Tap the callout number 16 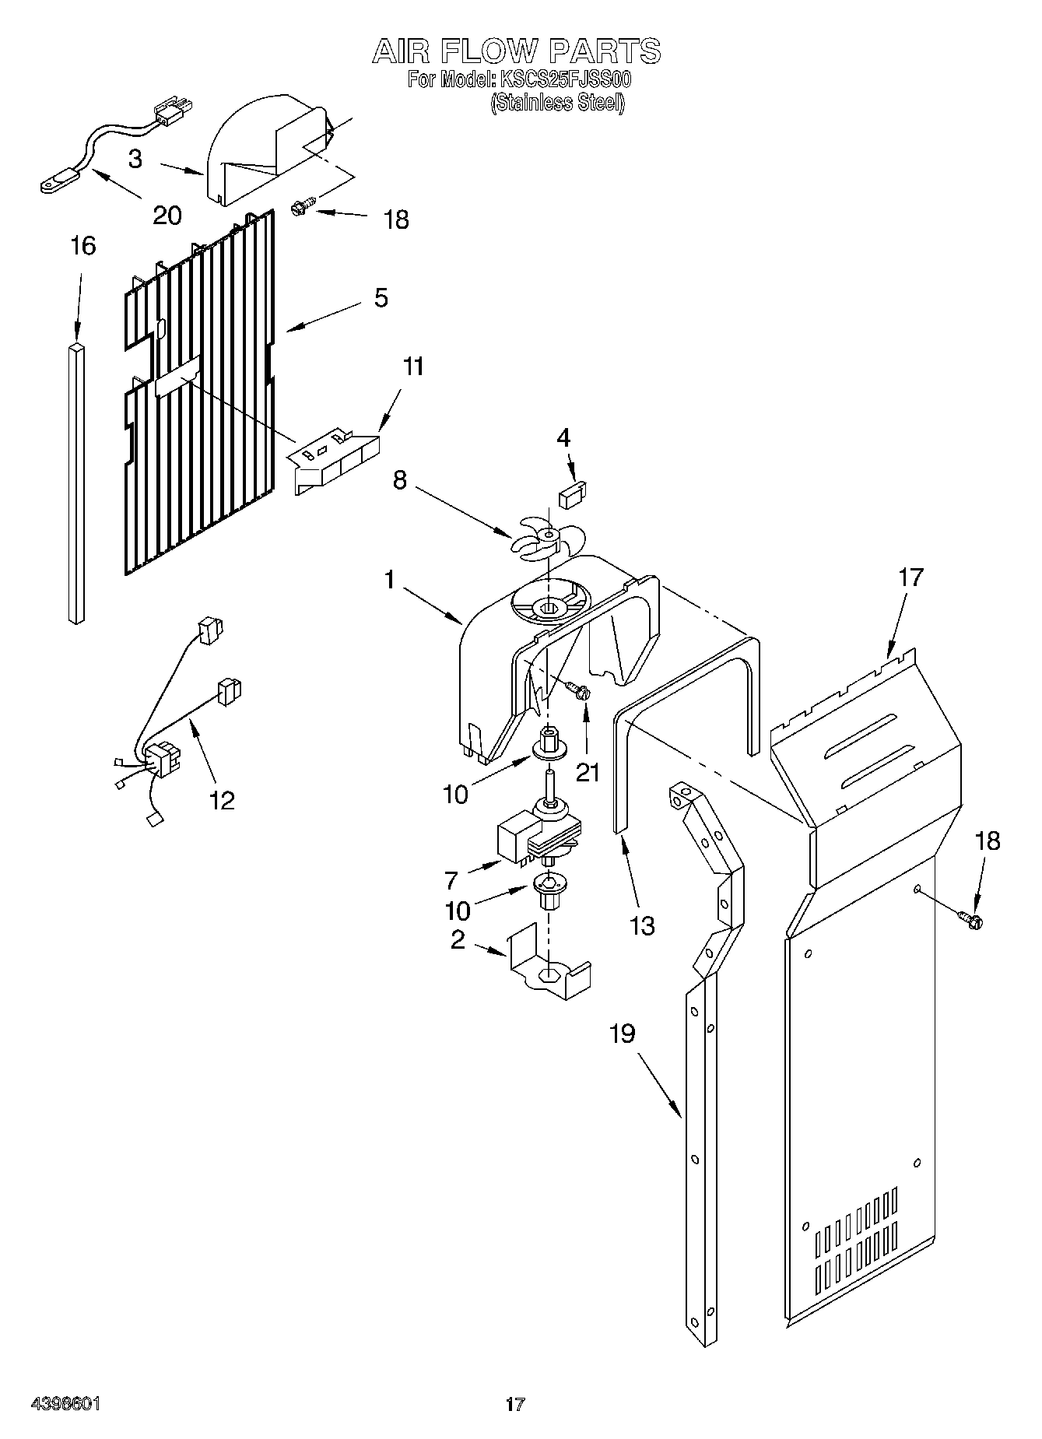point(82,246)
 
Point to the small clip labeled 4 point(573,494)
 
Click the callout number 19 point(622,1034)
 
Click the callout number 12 point(222,799)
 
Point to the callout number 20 point(166,215)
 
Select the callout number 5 point(381,298)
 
